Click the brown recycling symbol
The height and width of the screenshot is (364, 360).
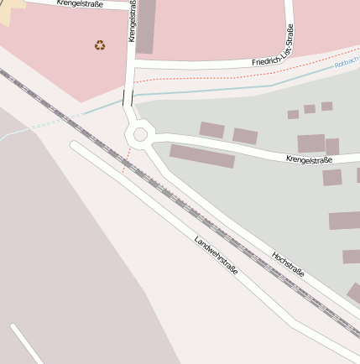(x=100, y=44)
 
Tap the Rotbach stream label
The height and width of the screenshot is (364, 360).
(x=347, y=63)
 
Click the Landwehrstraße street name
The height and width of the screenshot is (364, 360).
(x=216, y=256)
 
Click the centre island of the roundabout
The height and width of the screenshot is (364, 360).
(x=139, y=134)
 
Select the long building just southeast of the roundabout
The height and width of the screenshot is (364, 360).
(x=202, y=156)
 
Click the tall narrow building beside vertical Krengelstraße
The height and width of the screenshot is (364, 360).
(x=145, y=27)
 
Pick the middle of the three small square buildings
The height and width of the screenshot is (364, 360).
(x=310, y=109)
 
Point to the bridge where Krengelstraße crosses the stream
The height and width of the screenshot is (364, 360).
(x=128, y=98)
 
